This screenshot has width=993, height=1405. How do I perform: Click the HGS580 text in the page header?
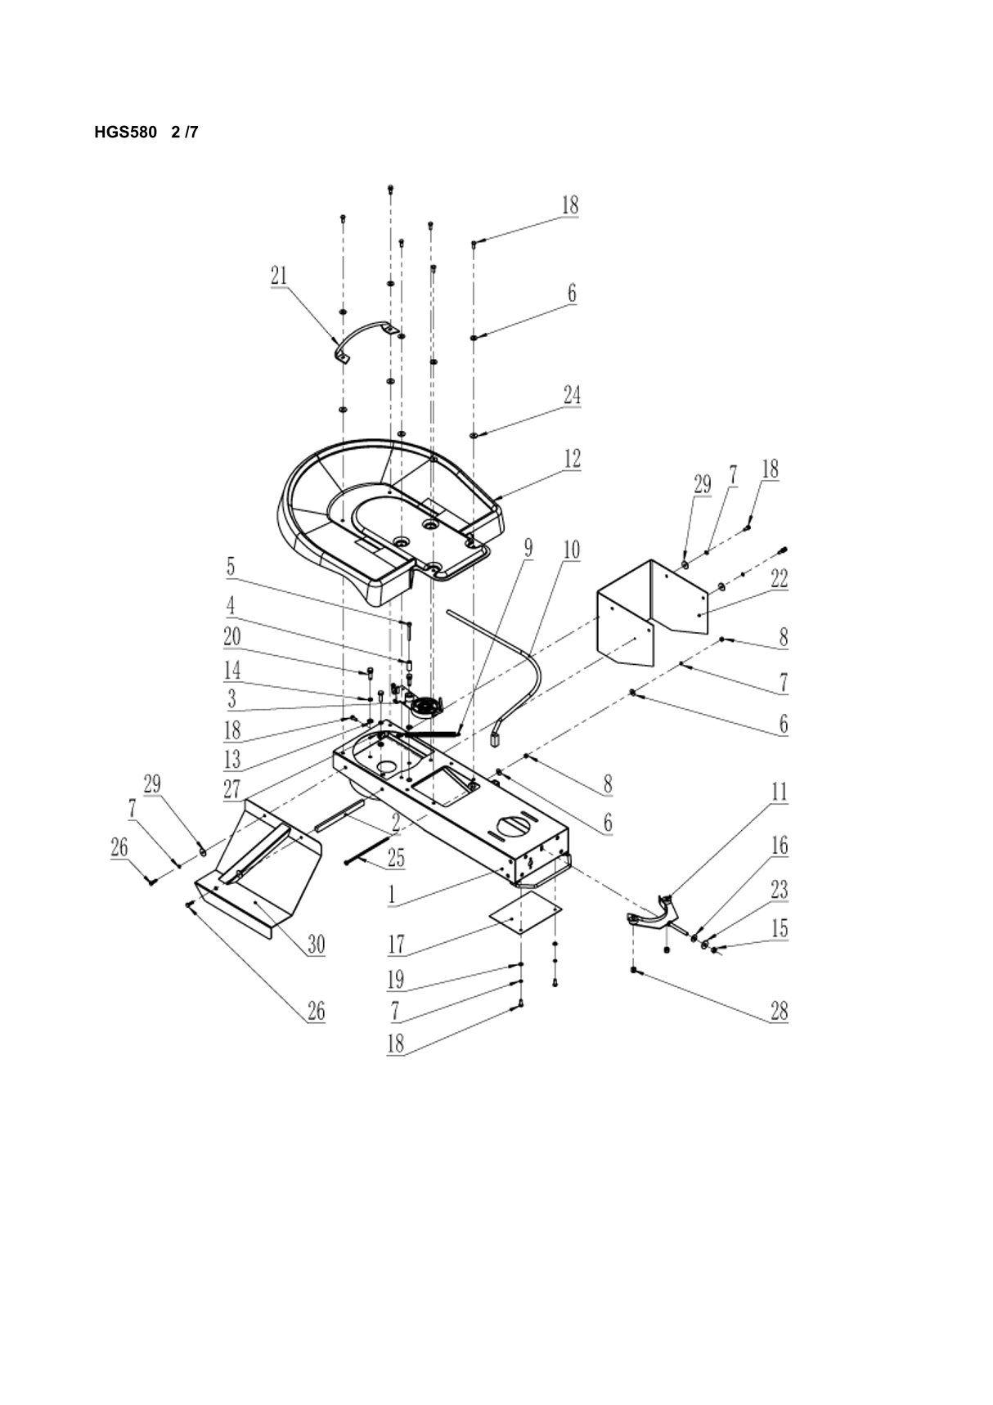(x=125, y=132)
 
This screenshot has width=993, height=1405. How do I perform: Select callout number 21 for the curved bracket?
(x=279, y=276)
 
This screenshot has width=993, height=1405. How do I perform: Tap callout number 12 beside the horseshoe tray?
(x=572, y=459)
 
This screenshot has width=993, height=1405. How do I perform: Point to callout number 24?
(x=572, y=395)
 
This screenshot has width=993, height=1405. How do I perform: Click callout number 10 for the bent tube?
(x=572, y=550)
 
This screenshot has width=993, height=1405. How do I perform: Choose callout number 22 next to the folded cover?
(x=779, y=578)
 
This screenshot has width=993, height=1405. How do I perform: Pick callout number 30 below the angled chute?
(x=316, y=945)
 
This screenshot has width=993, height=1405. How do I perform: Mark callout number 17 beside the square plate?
(x=397, y=945)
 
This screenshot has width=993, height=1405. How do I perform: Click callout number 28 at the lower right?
(x=779, y=1011)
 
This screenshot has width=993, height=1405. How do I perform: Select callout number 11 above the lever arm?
(x=779, y=792)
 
